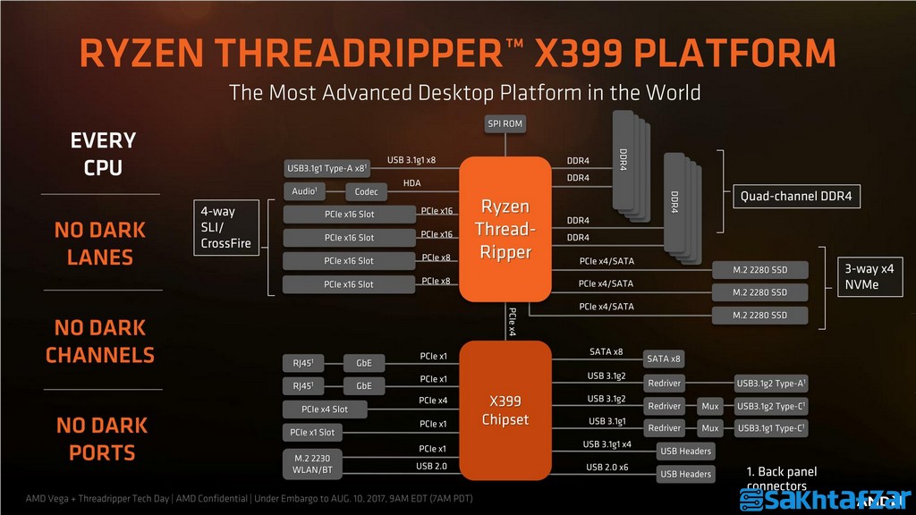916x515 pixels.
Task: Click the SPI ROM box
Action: [505, 123]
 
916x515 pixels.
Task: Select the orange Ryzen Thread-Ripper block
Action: [505, 229]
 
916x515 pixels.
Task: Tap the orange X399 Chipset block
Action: [505, 409]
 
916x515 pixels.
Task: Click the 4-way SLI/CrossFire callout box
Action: [227, 227]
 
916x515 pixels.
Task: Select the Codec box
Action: [367, 191]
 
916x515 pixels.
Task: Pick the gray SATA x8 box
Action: [664, 359]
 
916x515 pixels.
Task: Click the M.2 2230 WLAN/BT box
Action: [311, 463]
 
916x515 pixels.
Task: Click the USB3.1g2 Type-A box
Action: [771, 383]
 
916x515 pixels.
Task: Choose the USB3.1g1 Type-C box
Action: [771, 429]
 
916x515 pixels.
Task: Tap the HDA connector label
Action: [411, 183]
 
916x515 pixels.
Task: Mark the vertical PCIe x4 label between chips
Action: [512, 322]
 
